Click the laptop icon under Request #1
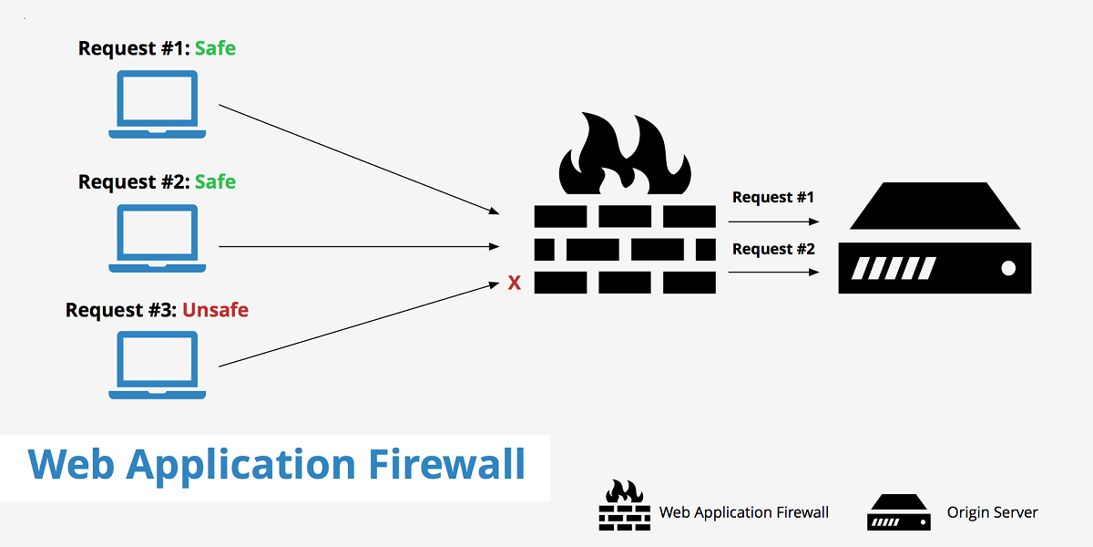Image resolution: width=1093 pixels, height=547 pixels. click(x=157, y=104)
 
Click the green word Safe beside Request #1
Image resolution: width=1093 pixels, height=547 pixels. click(x=215, y=48)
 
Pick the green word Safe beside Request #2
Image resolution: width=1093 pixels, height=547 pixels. click(x=215, y=181)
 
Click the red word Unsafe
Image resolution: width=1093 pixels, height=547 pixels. click(x=215, y=310)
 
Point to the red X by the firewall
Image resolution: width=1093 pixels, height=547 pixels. click(x=514, y=284)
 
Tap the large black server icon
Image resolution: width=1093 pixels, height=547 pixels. click(x=935, y=239)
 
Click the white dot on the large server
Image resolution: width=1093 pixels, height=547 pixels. click(x=1007, y=268)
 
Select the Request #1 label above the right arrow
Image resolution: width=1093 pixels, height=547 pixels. click(x=772, y=197)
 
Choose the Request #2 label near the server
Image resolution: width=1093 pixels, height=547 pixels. click(x=772, y=249)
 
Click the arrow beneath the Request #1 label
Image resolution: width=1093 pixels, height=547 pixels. click(x=772, y=222)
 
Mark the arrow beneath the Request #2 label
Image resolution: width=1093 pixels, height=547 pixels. click(x=772, y=272)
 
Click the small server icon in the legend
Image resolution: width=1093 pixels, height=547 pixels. click(x=898, y=512)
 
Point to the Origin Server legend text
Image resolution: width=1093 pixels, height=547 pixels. click(x=992, y=512)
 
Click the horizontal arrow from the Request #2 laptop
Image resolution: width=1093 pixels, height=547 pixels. click(x=359, y=246)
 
